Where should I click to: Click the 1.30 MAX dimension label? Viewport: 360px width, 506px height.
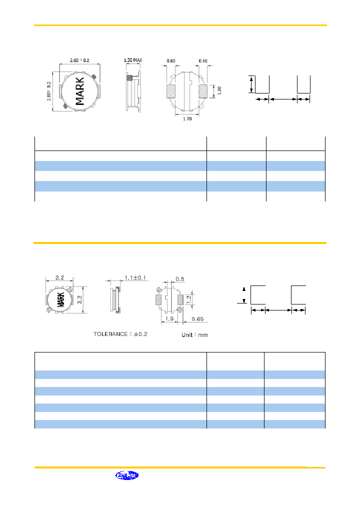pyautogui.click(x=133, y=60)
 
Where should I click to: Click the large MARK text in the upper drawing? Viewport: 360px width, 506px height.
pyautogui.click(x=80, y=91)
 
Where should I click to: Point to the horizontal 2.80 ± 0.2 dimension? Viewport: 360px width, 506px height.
pyautogui.click(x=80, y=60)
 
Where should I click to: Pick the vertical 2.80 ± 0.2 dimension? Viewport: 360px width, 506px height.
pyautogui.click(x=49, y=90)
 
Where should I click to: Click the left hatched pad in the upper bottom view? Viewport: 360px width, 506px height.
pyautogui.click(x=171, y=91)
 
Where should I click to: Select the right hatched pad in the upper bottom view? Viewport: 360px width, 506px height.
pyautogui.click(x=203, y=91)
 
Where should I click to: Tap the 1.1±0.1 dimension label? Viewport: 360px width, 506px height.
pyautogui.click(x=134, y=278)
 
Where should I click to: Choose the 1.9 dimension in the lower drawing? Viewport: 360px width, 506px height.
pyautogui.click(x=170, y=318)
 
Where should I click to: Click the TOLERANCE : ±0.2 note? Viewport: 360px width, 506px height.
pyautogui.click(x=120, y=333)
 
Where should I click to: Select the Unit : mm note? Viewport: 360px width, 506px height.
pyautogui.click(x=194, y=334)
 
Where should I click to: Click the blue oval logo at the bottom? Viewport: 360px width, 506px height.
pyautogui.click(x=127, y=475)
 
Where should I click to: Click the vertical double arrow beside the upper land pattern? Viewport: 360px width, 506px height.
pyautogui.click(x=251, y=83)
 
